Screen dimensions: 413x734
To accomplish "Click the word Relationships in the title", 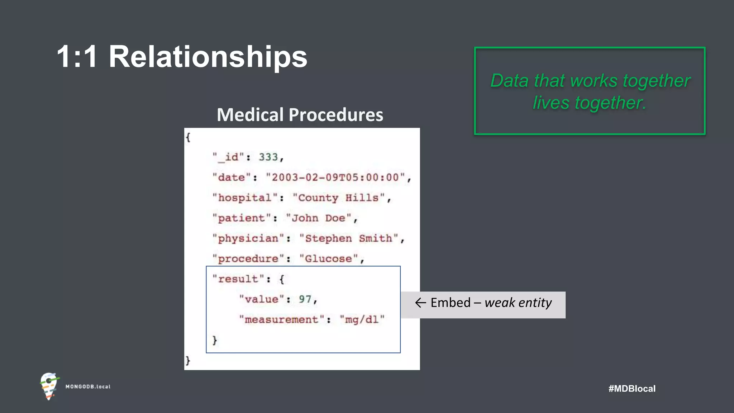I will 208,57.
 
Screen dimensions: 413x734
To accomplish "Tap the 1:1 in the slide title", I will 77,57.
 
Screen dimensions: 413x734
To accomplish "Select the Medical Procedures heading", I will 300,115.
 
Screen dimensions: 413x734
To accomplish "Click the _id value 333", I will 268,157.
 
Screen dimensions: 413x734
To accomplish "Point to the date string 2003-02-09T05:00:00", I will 335,177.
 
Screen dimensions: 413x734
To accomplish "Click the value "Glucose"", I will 329,259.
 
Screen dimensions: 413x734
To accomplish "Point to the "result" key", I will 238,279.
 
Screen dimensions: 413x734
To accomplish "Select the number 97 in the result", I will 305,299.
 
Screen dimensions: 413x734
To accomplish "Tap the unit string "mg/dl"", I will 362,319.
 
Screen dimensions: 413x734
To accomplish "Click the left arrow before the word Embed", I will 420,303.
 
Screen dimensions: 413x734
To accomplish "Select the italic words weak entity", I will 518,303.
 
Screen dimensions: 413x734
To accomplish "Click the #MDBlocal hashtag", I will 632,389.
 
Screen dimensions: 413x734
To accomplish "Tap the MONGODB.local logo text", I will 88,386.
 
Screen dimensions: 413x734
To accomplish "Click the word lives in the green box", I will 551,103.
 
